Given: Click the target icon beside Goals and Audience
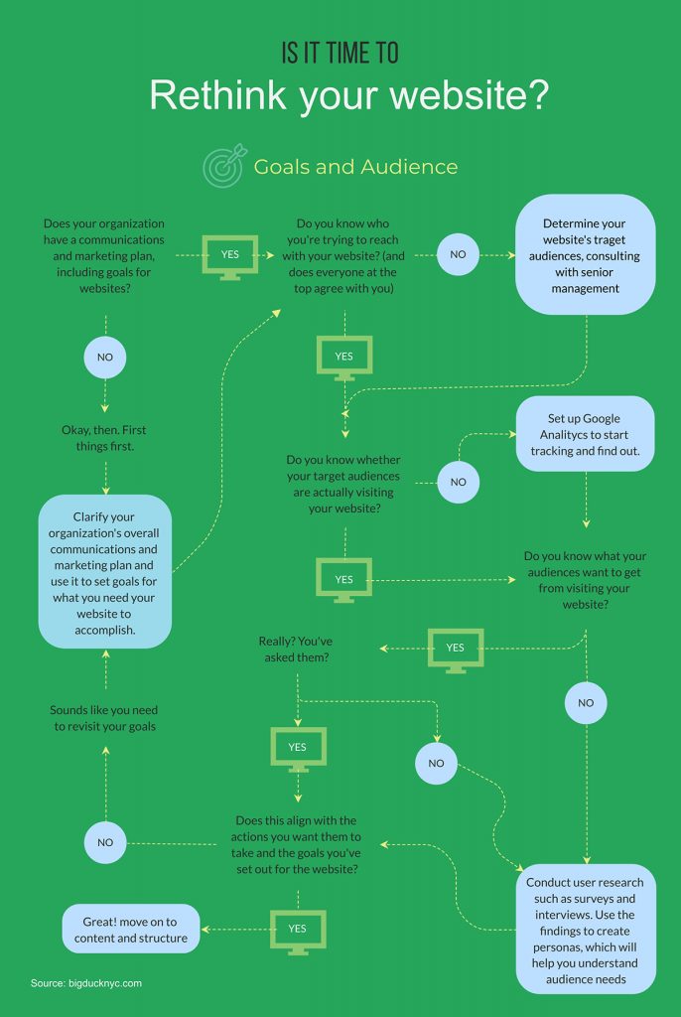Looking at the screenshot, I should point(222,167).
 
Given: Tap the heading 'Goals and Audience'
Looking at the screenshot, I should point(355,167).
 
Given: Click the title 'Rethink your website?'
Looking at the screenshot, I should point(349,95).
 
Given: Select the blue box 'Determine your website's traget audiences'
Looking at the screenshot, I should point(586,255).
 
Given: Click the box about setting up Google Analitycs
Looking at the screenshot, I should point(586,434).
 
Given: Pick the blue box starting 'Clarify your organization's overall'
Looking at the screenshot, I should point(105,571).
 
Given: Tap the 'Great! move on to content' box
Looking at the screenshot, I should point(132,930).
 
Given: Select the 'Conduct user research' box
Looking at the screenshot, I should point(586,930).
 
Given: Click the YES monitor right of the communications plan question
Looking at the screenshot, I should point(230,255).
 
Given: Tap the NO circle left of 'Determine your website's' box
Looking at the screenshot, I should point(458,255).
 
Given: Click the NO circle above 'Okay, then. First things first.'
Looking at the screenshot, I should point(105,356).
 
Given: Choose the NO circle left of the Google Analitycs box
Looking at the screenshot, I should point(458,483).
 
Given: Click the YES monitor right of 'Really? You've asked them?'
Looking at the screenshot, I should point(455,649).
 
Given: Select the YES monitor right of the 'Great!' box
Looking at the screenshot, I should point(297,930).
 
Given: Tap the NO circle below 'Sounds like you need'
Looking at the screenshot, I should point(105,843).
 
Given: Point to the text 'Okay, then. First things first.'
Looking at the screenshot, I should point(105,438).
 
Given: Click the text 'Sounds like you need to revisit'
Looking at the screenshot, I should point(104,718).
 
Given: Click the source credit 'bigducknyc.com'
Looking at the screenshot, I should point(86,983).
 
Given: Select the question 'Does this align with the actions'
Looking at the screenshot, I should point(297,844).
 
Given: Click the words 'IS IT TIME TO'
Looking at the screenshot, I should point(340,53).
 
